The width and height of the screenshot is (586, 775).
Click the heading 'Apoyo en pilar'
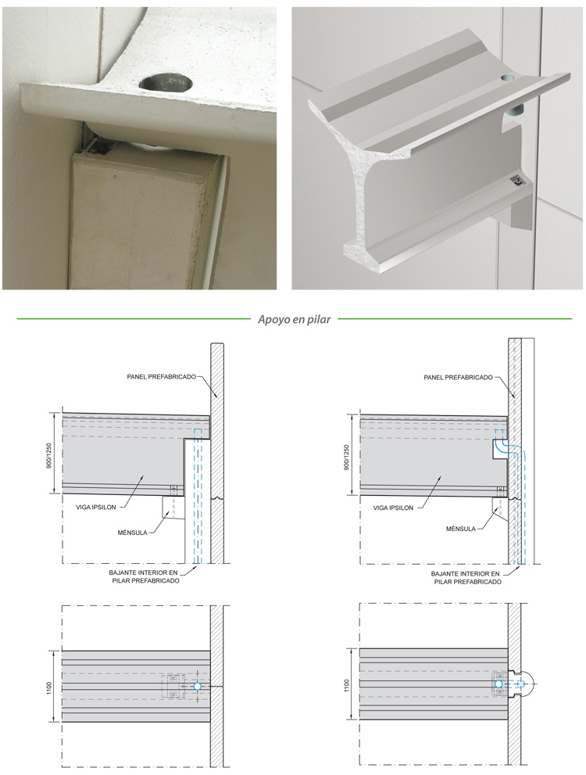(x=295, y=319)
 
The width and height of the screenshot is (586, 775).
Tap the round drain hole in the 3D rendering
(x=508, y=78)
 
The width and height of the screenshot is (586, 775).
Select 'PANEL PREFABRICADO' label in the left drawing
(x=162, y=377)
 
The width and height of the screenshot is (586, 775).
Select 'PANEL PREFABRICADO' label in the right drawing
(x=458, y=377)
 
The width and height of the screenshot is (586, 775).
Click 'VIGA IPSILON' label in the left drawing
(x=96, y=507)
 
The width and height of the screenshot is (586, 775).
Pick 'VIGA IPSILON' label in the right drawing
(x=393, y=508)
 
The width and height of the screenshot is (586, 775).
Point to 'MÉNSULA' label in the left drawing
(x=132, y=533)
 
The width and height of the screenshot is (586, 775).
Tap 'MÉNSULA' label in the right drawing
(x=461, y=529)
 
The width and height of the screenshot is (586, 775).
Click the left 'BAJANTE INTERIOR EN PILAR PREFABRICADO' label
(x=144, y=576)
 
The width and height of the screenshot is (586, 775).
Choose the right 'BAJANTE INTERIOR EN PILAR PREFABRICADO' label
(x=466, y=578)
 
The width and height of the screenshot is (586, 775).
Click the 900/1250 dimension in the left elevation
(x=49, y=456)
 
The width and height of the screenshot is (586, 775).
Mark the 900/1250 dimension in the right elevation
(x=346, y=457)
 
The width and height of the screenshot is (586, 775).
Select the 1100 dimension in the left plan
(x=49, y=687)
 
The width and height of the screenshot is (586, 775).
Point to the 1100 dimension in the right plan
(x=346, y=686)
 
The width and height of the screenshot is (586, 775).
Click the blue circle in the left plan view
(x=198, y=687)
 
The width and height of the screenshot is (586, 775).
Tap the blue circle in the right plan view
(x=498, y=684)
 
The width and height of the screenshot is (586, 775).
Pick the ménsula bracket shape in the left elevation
(x=173, y=508)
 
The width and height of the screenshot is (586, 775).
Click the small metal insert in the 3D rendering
(x=516, y=182)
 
